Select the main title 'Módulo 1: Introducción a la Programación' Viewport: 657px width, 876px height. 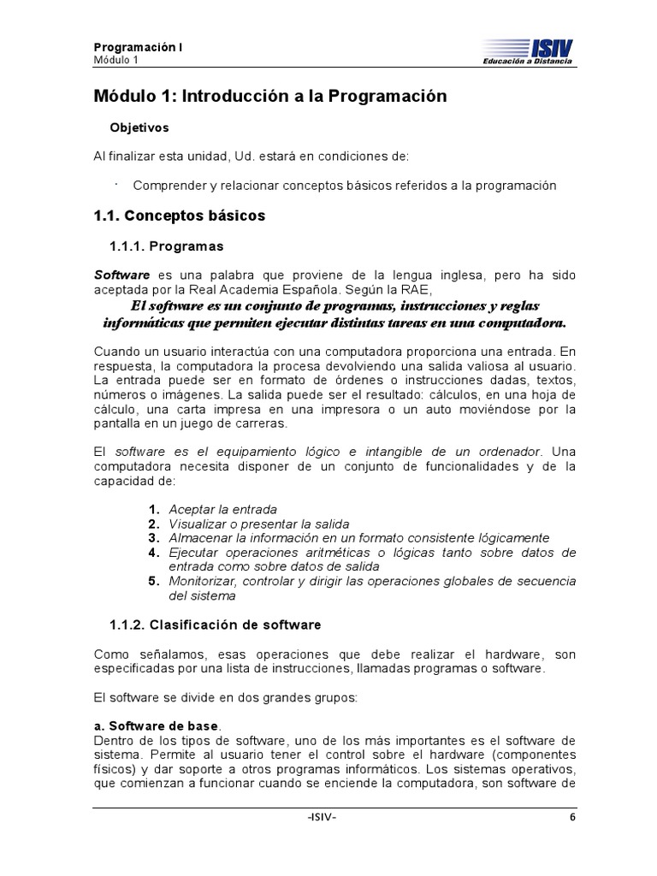coord(270,97)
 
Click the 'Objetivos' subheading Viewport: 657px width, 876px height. coord(139,128)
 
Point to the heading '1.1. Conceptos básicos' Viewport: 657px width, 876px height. coord(180,216)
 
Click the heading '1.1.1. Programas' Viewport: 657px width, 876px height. coord(167,246)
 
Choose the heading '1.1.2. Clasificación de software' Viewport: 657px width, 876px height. coord(216,625)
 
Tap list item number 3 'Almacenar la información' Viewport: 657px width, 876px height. coord(358,538)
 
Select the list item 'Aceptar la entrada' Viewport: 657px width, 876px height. coord(222,510)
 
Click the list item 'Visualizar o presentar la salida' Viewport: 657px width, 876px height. coord(258,524)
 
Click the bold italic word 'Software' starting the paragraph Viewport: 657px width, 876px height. coord(121,275)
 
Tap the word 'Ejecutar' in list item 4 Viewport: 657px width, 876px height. coord(193,553)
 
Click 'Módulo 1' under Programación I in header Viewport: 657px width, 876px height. coord(115,61)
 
